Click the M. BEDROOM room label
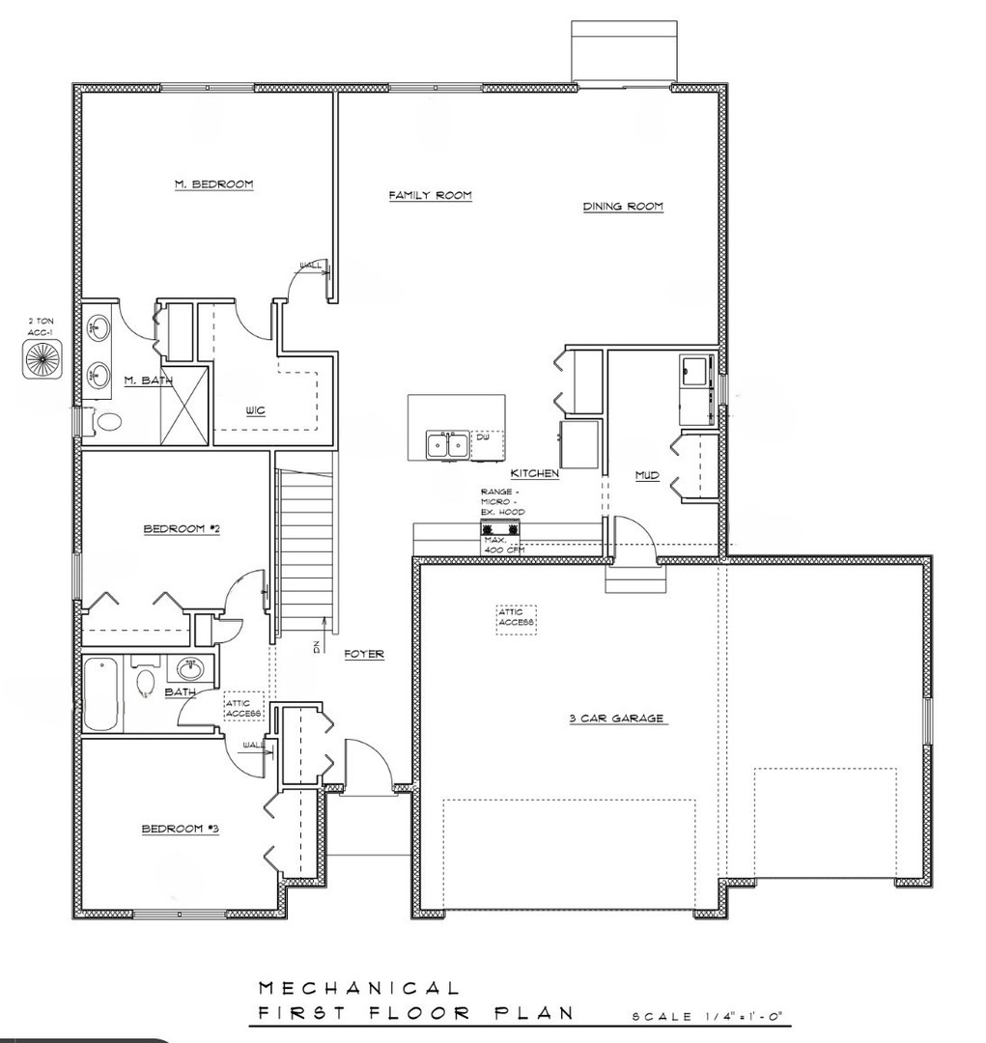213,184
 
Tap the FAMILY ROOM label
430,196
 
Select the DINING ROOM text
623,207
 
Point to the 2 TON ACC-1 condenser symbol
42,358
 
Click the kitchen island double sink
447,446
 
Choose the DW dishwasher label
482,437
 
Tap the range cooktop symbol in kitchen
501,528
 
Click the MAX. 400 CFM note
502,545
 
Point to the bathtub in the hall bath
102,695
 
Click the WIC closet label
255,410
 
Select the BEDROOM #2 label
183,529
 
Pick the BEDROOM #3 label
181,829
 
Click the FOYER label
364,655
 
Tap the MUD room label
647,475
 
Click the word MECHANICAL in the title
358,988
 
